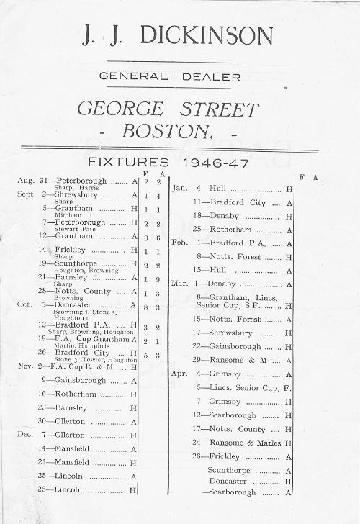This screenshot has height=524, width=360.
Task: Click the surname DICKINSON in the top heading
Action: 207,35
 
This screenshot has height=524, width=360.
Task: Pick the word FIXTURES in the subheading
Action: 127,162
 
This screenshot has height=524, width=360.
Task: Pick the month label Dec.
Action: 25,435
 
